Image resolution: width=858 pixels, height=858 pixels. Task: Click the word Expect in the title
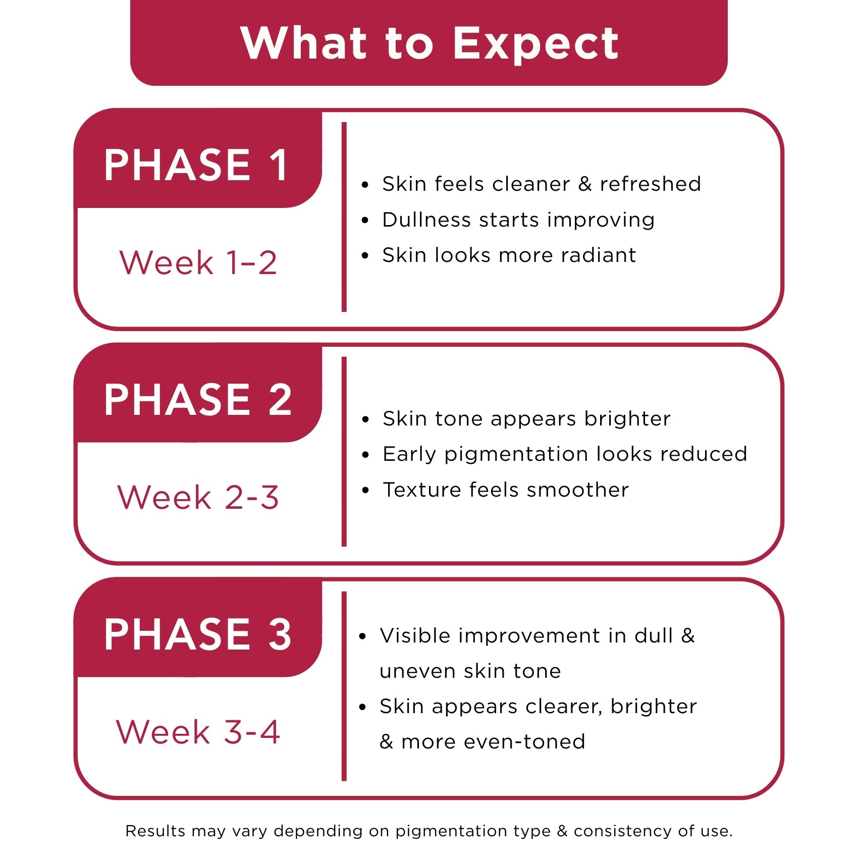[x=535, y=45]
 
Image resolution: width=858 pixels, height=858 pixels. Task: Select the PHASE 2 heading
[x=198, y=399]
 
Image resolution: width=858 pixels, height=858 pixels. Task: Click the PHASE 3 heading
[x=198, y=634]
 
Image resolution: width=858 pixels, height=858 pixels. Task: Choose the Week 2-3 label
[x=198, y=497]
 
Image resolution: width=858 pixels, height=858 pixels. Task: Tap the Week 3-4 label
[x=198, y=732]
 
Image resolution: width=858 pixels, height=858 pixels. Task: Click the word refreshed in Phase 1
[x=650, y=184]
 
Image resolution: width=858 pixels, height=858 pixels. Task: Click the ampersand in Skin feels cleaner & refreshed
[x=585, y=184]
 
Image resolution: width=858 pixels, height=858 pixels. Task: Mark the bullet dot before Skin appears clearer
[x=362, y=708]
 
